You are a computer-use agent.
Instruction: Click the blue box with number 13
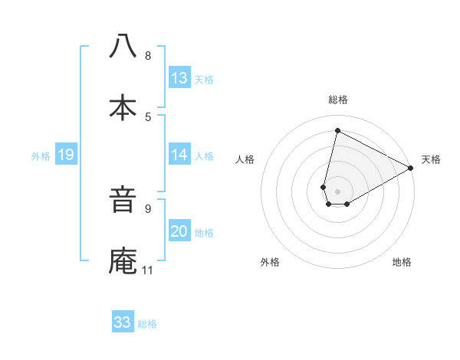[x=179, y=78]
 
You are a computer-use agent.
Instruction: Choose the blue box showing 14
[x=179, y=155]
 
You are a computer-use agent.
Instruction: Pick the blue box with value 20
[x=179, y=231]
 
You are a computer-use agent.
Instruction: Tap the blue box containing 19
[x=66, y=155]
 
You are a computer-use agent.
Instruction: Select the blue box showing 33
[x=123, y=322]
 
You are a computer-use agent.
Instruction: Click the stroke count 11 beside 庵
[x=147, y=270]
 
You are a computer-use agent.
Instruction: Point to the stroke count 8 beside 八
[x=148, y=55]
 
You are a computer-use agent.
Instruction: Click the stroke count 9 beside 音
[x=148, y=208]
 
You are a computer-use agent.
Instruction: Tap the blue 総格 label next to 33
[x=148, y=324]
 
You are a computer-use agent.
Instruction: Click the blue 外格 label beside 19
[x=41, y=155]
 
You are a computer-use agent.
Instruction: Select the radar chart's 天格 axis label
[x=431, y=159]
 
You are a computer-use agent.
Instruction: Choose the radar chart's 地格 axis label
[x=402, y=263]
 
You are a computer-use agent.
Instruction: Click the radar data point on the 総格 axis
[x=337, y=131]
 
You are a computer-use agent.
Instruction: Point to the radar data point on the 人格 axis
[x=324, y=187]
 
